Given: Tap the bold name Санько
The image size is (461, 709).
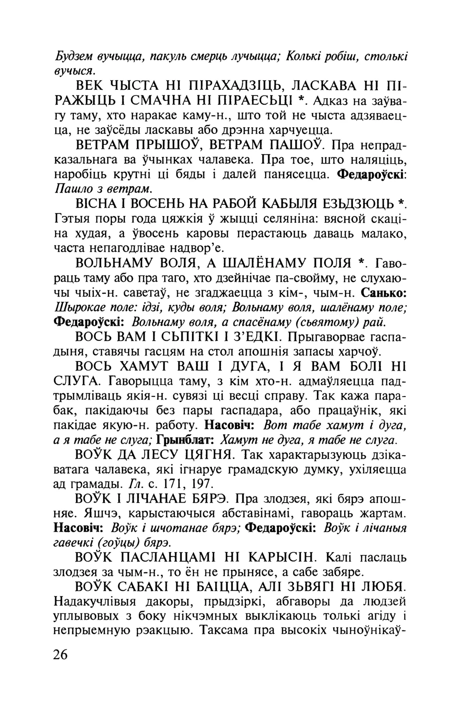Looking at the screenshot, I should click(384, 292).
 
